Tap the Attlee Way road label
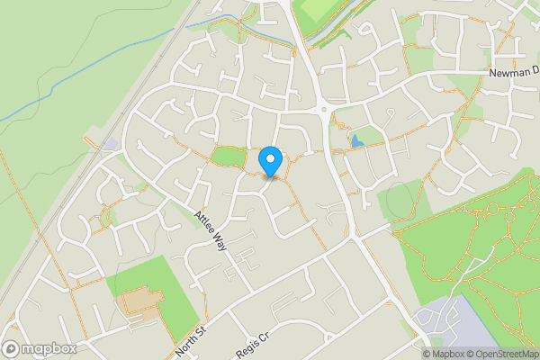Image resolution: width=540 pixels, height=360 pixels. pos(210,231)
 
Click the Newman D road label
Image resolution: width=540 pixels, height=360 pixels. pos(514,72)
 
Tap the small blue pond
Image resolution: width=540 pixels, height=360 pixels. pos(357,141)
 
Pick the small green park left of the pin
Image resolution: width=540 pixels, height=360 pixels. pos(228,157)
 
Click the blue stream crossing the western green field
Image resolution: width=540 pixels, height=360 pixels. pos(99,68)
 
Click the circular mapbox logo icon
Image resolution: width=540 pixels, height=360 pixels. pos(12,348)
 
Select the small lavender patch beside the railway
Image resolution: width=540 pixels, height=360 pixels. pos(110,144)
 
